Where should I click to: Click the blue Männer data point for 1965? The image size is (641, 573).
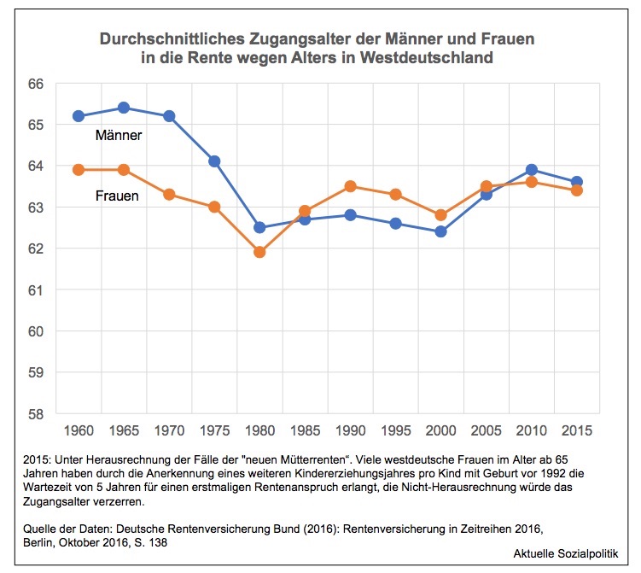click(x=124, y=108)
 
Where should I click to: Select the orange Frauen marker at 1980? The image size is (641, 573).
click(x=259, y=252)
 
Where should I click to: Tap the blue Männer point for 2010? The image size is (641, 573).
click(x=532, y=170)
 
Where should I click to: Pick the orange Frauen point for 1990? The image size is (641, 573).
click(x=350, y=186)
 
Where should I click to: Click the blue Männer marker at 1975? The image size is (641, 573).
click(x=214, y=161)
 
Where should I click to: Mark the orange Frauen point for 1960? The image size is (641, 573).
click(x=79, y=170)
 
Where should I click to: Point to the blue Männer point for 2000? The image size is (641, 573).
click(x=441, y=231)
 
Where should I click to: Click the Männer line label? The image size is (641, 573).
click(x=119, y=135)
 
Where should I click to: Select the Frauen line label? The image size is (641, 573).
click(x=117, y=196)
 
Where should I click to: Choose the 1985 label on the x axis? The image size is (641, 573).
click(x=305, y=430)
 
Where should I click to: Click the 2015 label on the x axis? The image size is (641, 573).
click(x=577, y=430)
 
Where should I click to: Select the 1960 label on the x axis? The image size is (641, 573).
click(x=79, y=430)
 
